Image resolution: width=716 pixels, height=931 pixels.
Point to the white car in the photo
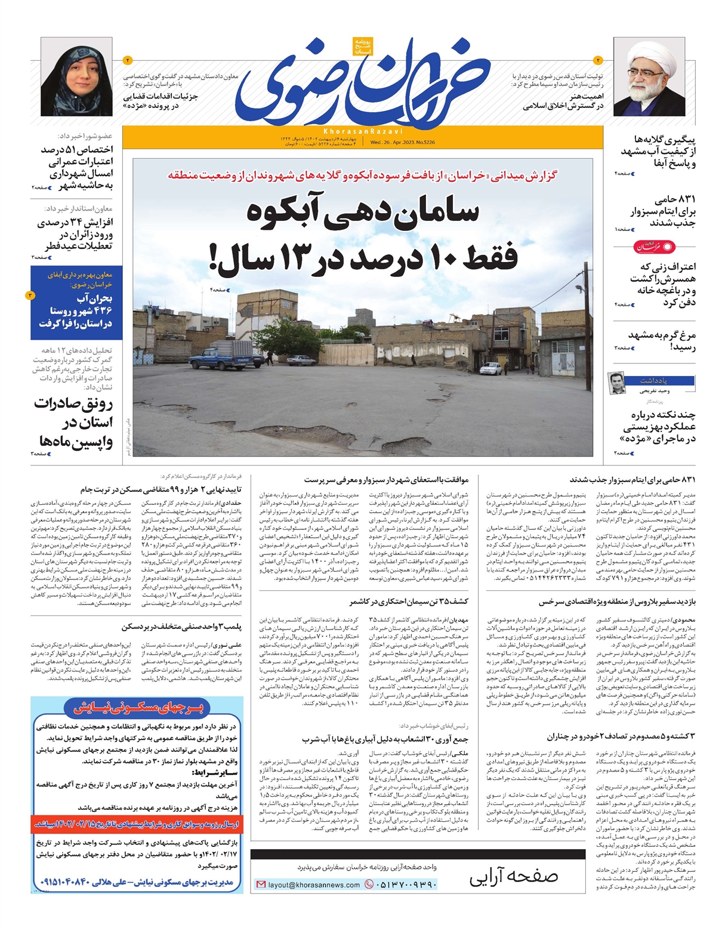[x=490, y=369]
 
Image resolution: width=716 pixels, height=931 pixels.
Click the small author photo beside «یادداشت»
[x=616, y=383]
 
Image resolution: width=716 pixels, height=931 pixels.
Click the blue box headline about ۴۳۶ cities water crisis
[x=76, y=310]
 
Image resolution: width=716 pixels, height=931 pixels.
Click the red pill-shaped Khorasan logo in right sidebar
[x=655, y=246]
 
